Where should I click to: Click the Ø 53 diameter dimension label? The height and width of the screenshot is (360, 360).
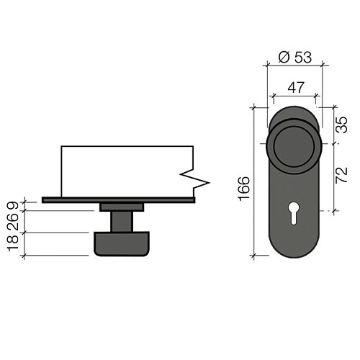(x=295, y=58)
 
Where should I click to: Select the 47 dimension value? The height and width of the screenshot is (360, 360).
(x=296, y=87)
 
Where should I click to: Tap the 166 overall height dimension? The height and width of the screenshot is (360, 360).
(x=244, y=189)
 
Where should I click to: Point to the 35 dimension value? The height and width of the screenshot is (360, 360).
(x=341, y=125)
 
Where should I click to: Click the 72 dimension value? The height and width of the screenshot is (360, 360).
(x=341, y=175)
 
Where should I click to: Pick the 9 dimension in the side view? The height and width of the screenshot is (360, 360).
(x=13, y=206)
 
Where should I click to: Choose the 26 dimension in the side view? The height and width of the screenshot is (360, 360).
(x=13, y=222)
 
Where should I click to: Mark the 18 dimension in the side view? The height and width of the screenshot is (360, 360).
(x=13, y=243)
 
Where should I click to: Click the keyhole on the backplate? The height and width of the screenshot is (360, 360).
(x=294, y=212)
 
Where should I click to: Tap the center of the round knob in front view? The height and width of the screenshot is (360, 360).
(x=294, y=146)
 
